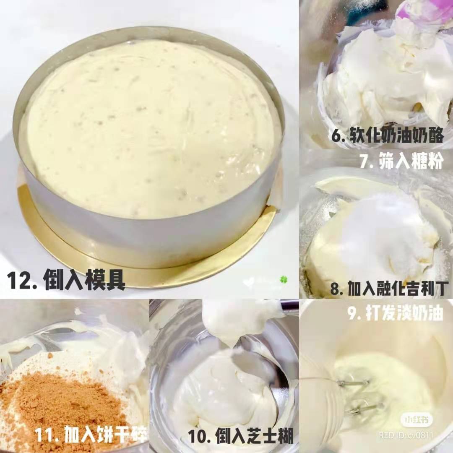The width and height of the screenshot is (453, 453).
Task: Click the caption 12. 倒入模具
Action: tap(66, 280)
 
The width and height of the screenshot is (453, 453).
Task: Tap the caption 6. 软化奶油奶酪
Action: tap(387, 135)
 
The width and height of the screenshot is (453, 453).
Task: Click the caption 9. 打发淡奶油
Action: tap(395, 312)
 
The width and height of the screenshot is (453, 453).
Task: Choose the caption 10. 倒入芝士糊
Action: tap(241, 435)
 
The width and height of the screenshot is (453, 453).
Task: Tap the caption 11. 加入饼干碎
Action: tap(91, 434)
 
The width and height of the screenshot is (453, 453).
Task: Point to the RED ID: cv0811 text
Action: tap(406, 435)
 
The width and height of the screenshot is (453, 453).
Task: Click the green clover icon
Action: tap(284, 280)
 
